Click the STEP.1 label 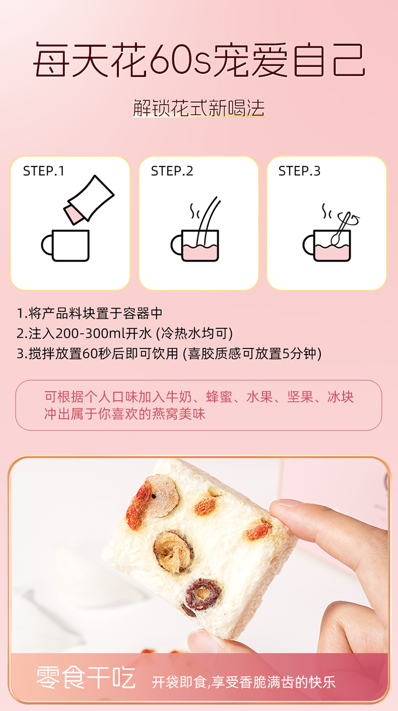(x=44, y=171)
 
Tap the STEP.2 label (x=172, y=171)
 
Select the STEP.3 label (x=299, y=171)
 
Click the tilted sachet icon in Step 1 (x=89, y=200)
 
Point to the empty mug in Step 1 (x=65, y=245)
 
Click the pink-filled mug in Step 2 (x=195, y=245)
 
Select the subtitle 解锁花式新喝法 (x=198, y=108)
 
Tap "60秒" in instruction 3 (x=90, y=353)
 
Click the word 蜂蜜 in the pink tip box (x=219, y=397)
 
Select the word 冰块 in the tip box (x=341, y=397)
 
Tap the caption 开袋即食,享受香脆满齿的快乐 (x=244, y=682)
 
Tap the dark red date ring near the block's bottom (x=203, y=594)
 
